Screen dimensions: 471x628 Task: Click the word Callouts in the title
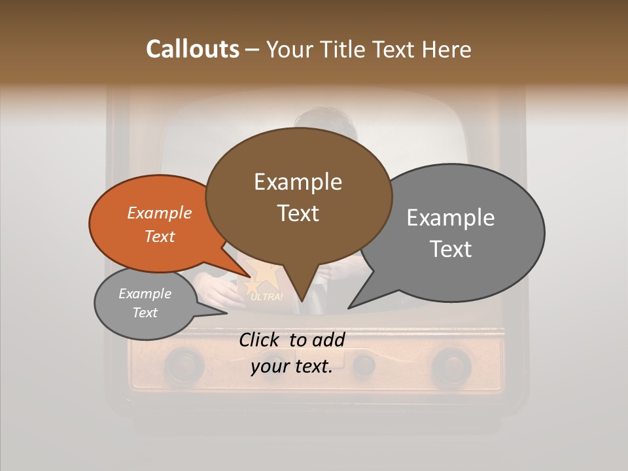point(192,50)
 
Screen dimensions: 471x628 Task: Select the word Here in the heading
point(445,50)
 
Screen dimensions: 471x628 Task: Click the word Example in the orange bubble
point(160,213)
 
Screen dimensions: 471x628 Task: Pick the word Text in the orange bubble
point(160,236)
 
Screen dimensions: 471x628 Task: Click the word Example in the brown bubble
point(298,182)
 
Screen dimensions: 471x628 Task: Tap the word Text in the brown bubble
point(298,213)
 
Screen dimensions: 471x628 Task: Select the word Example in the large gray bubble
point(451,218)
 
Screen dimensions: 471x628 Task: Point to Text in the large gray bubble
point(451,249)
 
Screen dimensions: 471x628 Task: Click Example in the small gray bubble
point(145,294)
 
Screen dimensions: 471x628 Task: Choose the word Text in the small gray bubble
point(145,313)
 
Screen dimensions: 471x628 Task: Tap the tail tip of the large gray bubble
point(351,306)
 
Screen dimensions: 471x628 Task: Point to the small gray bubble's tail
point(222,312)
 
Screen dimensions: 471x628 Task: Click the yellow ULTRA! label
point(267,298)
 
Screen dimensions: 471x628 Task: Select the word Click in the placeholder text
point(260,340)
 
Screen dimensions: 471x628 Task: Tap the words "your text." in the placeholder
point(292,366)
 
